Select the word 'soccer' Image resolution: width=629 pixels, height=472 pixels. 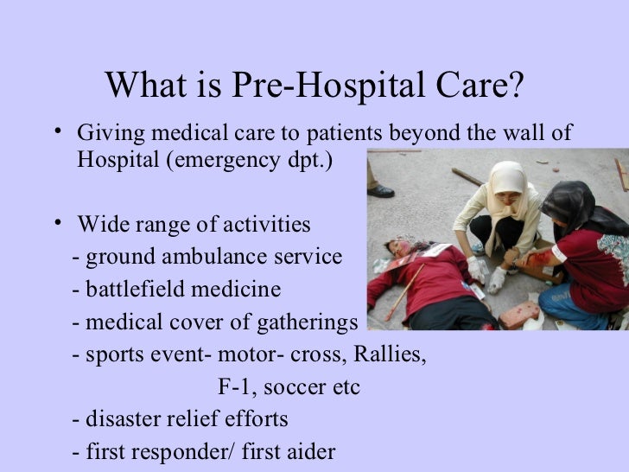tap(296, 387)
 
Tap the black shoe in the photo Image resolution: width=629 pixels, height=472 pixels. tap(379, 190)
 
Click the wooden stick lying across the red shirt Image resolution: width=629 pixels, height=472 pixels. tap(405, 290)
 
